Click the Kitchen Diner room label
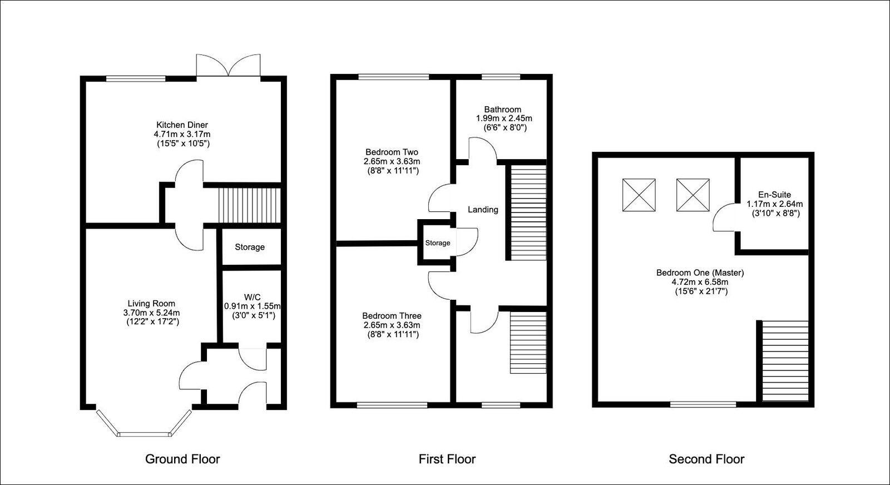(x=182, y=125)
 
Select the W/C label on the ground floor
(x=252, y=297)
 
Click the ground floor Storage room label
(x=250, y=247)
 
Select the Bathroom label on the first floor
(x=502, y=110)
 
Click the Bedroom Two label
(x=392, y=152)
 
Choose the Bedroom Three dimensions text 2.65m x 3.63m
(x=392, y=325)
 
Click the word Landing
(x=483, y=210)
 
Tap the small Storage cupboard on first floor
(x=438, y=243)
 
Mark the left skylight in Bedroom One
(x=639, y=195)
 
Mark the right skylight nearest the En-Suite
(x=693, y=195)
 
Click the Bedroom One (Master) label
(x=700, y=273)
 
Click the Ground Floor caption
(x=182, y=459)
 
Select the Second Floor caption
(x=706, y=459)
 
